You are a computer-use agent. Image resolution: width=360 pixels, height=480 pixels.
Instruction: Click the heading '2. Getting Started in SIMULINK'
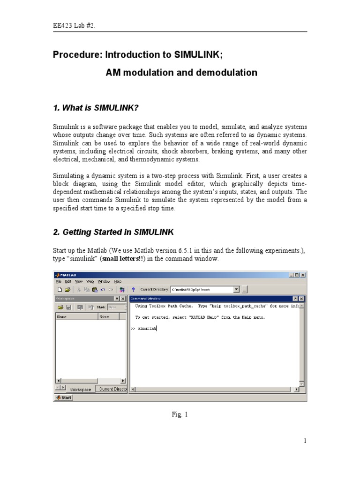[113, 232]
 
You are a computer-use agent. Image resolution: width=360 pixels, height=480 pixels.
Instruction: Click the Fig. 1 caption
[180, 414]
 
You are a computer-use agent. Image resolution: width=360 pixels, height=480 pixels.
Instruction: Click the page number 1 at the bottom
[305, 441]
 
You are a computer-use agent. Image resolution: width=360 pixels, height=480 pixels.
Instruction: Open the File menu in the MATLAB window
[59, 281]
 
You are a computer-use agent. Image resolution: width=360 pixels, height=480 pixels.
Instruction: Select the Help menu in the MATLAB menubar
[118, 281]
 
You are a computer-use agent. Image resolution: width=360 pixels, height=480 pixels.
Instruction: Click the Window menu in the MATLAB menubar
[104, 281]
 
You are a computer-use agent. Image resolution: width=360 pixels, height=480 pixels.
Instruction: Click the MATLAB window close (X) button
[303, 275]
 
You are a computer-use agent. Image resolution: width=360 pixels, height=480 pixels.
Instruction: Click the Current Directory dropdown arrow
[236, 290]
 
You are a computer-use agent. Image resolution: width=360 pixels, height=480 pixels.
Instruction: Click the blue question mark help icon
[133, 290]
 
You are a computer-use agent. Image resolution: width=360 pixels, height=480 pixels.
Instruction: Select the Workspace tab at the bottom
[81, 389]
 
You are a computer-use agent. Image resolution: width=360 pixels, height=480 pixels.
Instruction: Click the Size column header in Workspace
[104, 316]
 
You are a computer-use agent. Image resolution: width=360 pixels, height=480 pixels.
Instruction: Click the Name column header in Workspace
[62, 316]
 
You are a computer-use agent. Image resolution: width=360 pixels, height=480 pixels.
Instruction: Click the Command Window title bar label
[145, 299]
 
